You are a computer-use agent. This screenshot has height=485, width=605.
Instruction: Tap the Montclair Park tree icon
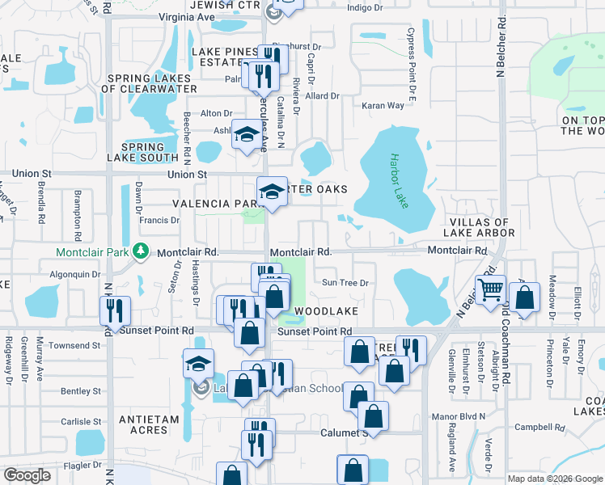(142, 251)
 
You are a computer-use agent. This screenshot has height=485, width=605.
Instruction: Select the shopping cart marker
(491, 289)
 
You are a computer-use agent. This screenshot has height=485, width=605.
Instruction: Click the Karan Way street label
(383, 106)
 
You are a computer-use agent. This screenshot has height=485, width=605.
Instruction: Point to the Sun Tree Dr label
(345, 283)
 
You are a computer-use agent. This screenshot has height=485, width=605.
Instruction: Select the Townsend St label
(74, 345)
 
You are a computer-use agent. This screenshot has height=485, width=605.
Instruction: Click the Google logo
(27, 475)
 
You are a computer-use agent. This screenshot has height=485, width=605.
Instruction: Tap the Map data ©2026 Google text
(554, 479)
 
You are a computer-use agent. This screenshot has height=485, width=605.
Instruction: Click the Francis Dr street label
(159, 220)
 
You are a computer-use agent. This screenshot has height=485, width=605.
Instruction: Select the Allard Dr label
(322, 96)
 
